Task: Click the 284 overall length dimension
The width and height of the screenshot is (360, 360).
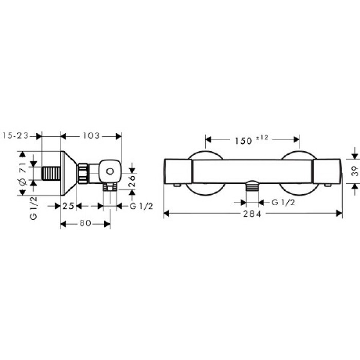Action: [253, 213]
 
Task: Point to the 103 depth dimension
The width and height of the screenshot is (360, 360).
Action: [91, 136]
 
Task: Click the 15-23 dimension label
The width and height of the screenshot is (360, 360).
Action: [16, 136]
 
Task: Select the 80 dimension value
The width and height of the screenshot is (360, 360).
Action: [86, 224]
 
